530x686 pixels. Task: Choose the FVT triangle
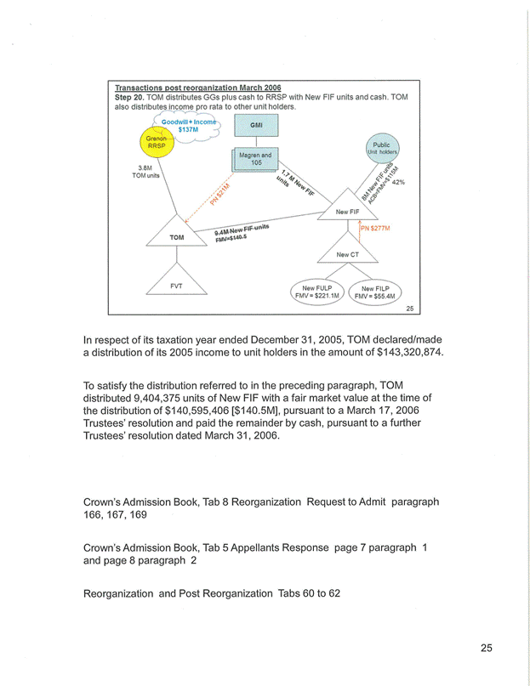[175, 286]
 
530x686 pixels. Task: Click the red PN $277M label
[375, 228]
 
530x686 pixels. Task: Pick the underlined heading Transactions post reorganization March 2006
[198, 88]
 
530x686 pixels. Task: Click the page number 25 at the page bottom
[485, 649]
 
